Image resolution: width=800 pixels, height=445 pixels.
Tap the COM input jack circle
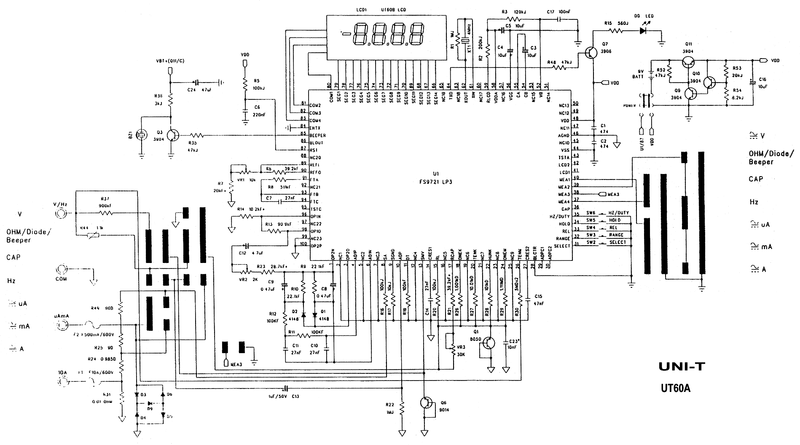coord(62,269)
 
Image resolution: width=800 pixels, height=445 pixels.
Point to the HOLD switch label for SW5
coord(614,220)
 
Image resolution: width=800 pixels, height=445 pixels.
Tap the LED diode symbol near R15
coord(643,30)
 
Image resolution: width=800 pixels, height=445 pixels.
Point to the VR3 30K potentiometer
coord(453,349)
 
